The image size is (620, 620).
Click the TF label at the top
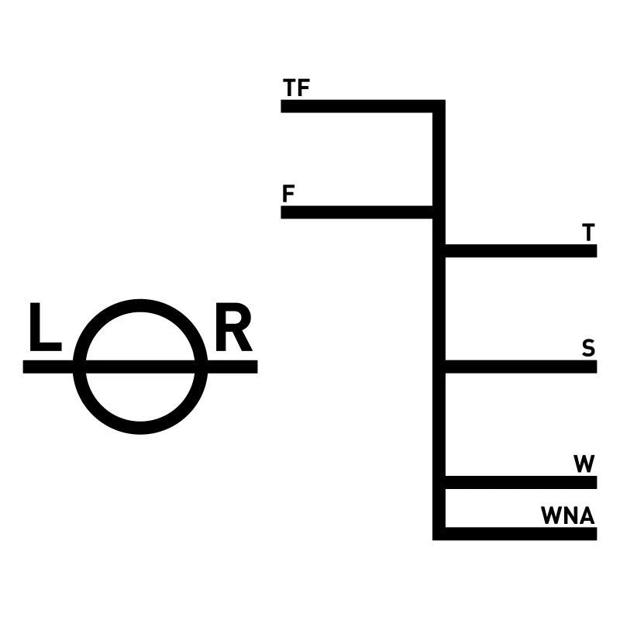297,88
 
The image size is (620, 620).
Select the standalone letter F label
288,194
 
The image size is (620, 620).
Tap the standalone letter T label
589,232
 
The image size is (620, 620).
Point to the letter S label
589,349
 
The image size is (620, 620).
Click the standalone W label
584,464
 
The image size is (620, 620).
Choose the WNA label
567,515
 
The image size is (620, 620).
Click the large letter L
44,328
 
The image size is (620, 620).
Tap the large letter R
233,328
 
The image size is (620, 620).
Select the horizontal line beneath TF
356,106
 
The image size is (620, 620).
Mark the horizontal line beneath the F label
356,212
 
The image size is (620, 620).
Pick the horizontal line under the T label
519,250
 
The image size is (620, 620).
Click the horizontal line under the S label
519,367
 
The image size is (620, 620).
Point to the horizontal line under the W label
519,482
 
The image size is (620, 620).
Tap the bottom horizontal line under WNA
519,533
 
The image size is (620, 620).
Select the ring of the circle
140,305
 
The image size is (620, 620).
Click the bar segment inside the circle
140,367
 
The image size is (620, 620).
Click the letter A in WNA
585,515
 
